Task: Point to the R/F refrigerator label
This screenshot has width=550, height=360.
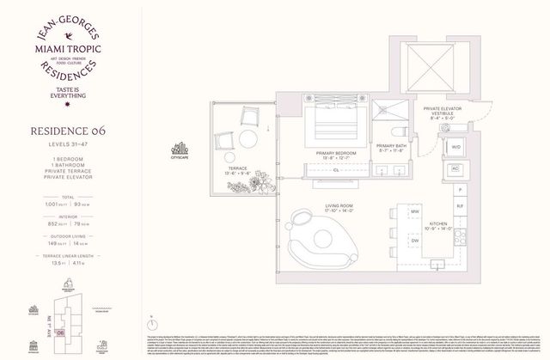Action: (x=460, y=207)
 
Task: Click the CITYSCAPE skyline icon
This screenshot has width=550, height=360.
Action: (x=181, y=147)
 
